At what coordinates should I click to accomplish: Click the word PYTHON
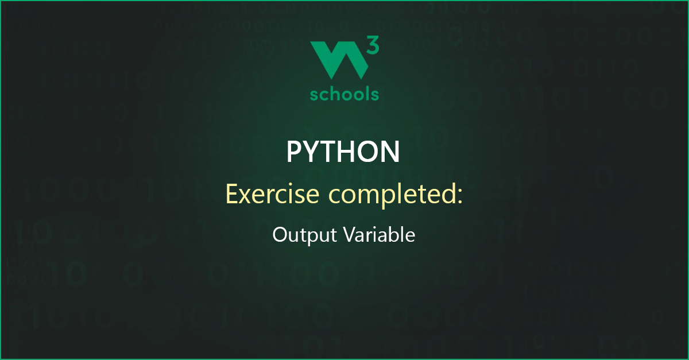(343, 152)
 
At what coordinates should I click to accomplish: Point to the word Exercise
(273, 194)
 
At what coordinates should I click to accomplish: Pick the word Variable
(380, 234)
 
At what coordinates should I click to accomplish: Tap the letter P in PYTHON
(295, 152)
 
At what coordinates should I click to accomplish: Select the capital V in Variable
(351, 235)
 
